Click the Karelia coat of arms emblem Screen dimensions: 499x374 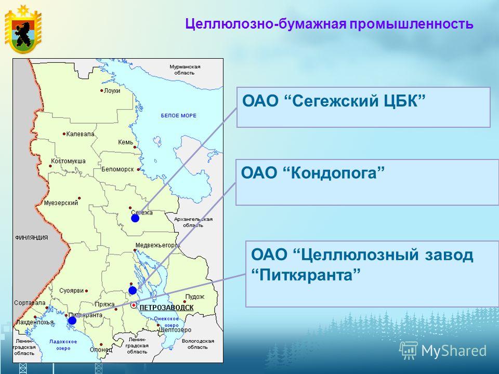(x=23, y=29)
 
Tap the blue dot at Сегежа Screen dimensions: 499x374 (x=135, y=218)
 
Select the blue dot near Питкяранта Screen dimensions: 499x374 (x=72, y=320)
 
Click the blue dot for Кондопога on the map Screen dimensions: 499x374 (x=133, y=290)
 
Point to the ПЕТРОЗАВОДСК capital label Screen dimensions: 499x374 (x=166, y=308)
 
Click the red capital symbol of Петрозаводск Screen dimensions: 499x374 (x=134, y=305)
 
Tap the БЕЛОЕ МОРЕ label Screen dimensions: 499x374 (x=178, y=115)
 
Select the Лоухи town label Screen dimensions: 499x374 (x=112, y=90)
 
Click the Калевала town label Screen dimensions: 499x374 (x=80, y=134)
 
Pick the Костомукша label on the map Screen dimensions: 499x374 (x=68, y=161)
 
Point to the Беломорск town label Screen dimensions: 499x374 (x=117, y=169)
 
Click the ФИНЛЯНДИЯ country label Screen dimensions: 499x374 (x=32, y=237)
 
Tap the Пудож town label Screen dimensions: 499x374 (x=195, y=297)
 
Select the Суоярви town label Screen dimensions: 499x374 (x=72, y=290)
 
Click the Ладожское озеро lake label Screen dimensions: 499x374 (x=63, y=345)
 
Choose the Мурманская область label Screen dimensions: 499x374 (x=185, y=70)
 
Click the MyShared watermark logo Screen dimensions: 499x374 (x=443, y=351)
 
